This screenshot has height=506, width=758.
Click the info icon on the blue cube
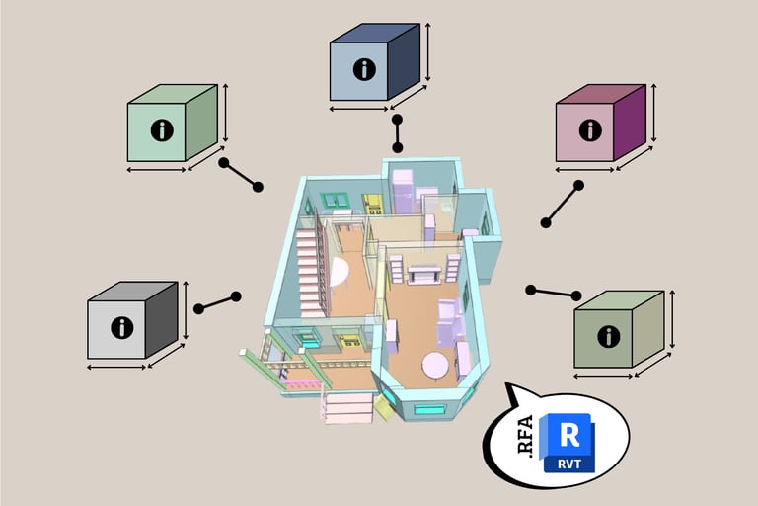pyautogui.click(x=365, y=69)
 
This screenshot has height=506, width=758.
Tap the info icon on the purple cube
pyautogui.click(x=590, y=129)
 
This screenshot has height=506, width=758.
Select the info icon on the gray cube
pyautogui.click(x=121, y=327)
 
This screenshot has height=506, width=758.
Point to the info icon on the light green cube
pyautogui.click(x=162, y=129)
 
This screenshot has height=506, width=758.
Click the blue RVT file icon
pyautogui.click(x=568, y=442)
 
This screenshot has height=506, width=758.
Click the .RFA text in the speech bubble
pyautogui.click(x=524, y=435)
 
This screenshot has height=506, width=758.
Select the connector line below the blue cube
pyautogui.click(x=398, y=133)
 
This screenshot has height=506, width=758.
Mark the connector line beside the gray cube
pyautogui.click(x=217, y=302)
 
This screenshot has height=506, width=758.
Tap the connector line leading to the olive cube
pyautogui.click(x=554, y=293)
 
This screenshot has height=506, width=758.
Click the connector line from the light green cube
pyautogui.click(x=242, y=175)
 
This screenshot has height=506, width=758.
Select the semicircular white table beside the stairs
pyautogui.click(x=337, y=272)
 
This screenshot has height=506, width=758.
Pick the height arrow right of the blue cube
pyautogui.click(x=428, y=52)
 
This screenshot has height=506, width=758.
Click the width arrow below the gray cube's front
pyautogui.click(x=116, y=367)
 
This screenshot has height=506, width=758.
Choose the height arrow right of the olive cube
pyautogui.click(x=673, y=319)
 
